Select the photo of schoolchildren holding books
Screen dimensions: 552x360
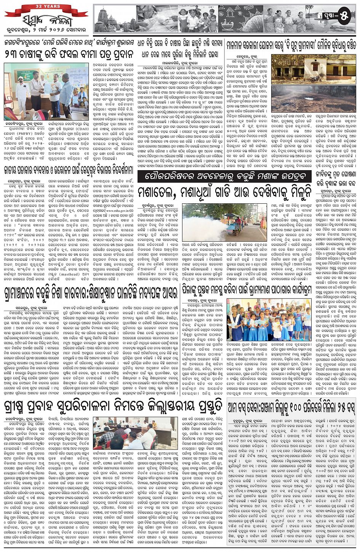[269, 319]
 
